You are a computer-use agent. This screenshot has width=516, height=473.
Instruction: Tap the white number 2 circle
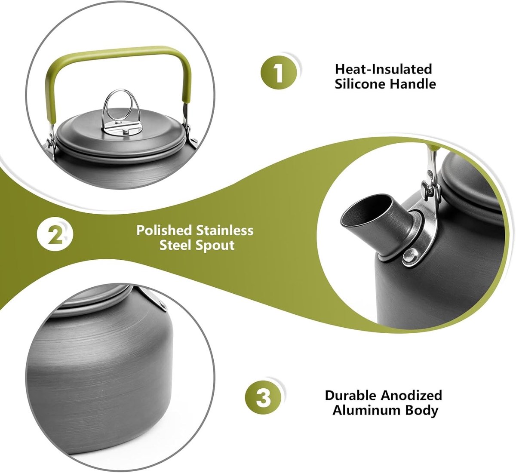coord(55,235)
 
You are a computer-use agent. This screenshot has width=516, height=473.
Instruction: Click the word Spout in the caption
coord(215,245)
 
